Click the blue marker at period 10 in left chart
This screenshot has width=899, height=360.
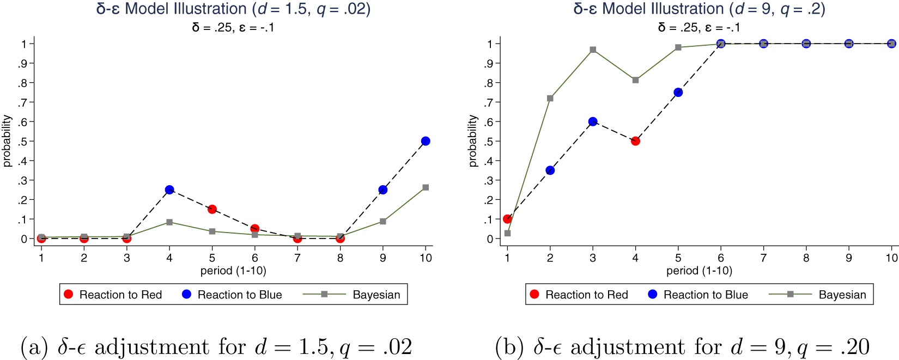coord(426,141)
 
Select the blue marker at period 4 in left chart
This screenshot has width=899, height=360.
coord(169,190)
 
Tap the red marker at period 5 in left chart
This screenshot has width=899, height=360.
coord(212,209)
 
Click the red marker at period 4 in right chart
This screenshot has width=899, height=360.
coord(635,141)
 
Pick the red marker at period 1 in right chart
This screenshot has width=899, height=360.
coord(507,219)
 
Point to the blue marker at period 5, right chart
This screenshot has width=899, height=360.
coord(678,93)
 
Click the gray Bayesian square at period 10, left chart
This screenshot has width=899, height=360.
coord(426,187)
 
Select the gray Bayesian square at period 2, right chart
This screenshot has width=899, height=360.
coord(550,99)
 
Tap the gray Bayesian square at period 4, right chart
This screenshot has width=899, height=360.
coord(635,80)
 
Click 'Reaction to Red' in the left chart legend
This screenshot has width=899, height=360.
coord(120,295)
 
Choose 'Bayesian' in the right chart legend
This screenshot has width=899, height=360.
coord(842,295)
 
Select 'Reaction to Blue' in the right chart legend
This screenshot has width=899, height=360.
coord(705,295)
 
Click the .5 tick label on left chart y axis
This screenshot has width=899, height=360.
coord(22,142)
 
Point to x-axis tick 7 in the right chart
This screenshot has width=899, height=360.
coord(763,258)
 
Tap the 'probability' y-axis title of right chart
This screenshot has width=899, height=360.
coord(473,141)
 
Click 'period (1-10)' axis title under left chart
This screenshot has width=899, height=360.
coord(233,271)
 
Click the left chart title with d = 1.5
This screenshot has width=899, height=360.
coord(233,9)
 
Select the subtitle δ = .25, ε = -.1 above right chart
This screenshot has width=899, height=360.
coord(699,27)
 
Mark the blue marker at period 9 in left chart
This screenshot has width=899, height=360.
coord(382,190)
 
